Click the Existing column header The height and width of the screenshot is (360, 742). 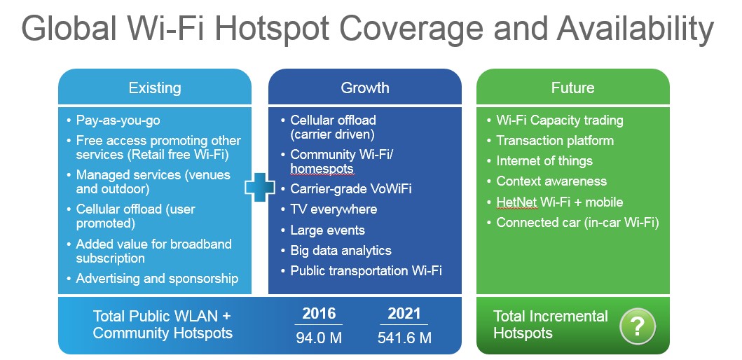pos(155,88)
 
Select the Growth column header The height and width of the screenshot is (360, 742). pos(365,88)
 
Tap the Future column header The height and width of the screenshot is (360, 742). pos(572,88)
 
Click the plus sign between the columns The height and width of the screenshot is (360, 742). pos(259,187)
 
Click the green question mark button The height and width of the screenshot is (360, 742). pos(638,326)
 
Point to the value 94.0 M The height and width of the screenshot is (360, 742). pos(319,338)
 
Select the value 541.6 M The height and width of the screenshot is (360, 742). pos(404,338)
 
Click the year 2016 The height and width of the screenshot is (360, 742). pos(319,314)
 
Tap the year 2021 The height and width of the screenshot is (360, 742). pos(404,314)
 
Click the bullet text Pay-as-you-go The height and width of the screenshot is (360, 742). pos(118,120)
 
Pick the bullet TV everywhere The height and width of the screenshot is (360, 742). pos(334,209)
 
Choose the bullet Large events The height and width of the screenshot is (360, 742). pos(327,230)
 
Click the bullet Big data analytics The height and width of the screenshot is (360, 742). pos(341,251)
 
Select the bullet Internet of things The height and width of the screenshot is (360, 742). pos(544,161)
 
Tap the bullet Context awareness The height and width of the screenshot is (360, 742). pos(551,181)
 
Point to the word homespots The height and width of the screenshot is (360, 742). pos(322,169)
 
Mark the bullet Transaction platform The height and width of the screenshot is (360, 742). pos(555,141)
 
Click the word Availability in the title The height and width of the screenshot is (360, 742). pos(635,29)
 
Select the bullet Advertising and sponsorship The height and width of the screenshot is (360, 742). pos(157,279)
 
